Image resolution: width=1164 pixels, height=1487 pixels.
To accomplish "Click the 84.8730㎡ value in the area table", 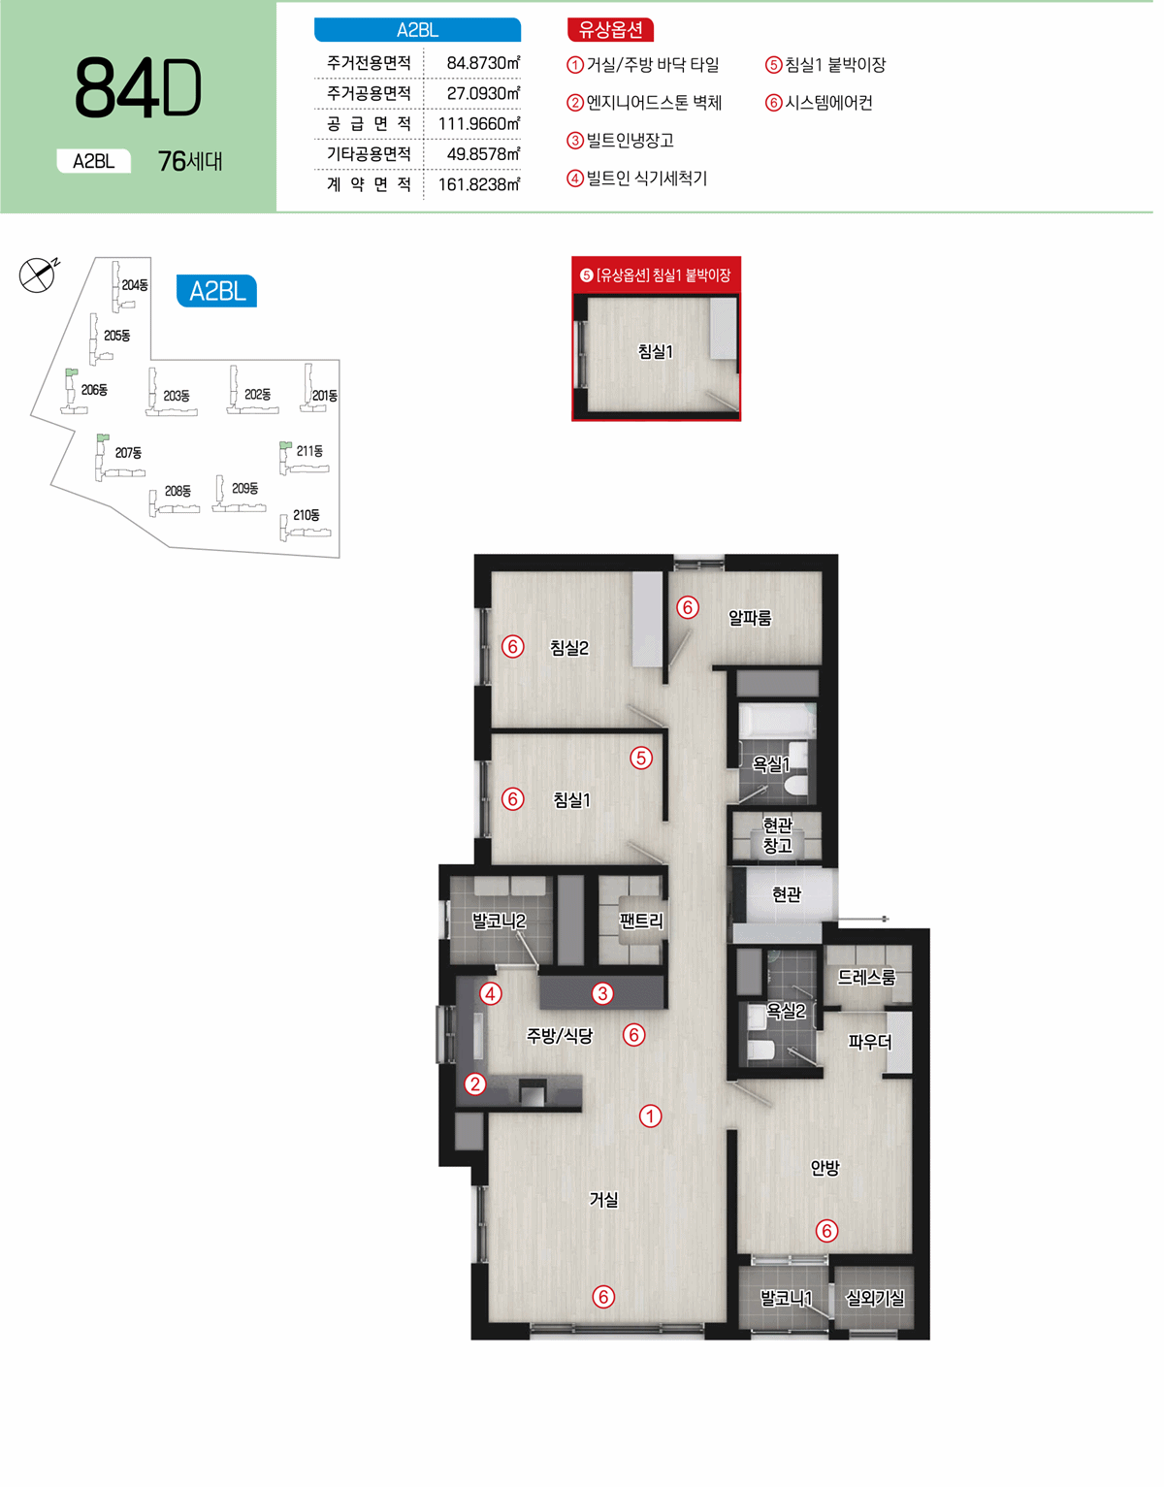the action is click(483, 63).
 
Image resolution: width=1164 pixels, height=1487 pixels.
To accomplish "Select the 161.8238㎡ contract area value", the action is click(479, 184).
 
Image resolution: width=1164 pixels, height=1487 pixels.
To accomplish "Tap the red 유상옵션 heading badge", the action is click(610, 29).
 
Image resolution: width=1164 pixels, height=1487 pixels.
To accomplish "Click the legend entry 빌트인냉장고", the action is click(620, 141).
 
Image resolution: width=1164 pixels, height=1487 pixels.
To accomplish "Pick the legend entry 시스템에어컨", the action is click(819, 103).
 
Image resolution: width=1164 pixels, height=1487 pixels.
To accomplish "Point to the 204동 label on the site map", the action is click(135, 284).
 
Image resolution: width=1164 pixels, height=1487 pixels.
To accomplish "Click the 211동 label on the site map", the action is click(309, 451).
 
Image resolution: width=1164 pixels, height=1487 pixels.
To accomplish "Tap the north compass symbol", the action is click(37, 275).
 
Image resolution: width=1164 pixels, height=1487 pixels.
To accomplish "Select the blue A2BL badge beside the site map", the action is click(217, 291).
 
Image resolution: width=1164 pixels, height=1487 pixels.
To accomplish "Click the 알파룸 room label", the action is click(749, 618).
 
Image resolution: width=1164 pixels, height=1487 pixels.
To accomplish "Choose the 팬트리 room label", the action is click(641, 921).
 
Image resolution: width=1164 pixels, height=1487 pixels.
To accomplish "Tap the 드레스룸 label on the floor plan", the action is click(866, 977).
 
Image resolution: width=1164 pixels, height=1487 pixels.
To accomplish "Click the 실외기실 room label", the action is click(875, 1298).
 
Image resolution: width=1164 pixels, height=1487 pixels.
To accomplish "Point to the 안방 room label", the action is click(824, 1168).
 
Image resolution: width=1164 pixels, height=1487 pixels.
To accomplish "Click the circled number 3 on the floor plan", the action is click(603, 993).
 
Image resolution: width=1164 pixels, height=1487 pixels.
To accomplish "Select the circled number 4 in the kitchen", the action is click(491, 993).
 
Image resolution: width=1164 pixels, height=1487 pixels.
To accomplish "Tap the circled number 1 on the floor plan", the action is click(650, 1116).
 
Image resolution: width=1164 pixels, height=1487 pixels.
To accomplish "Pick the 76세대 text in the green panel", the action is click(190, 161).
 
